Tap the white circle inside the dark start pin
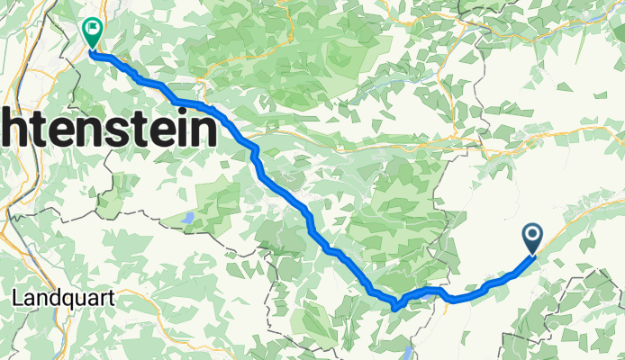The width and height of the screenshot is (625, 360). click(x=532, y=237)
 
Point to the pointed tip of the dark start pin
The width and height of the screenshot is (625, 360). click(x=532, y=254)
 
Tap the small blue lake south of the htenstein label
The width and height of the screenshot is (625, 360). click(x=186, y=218)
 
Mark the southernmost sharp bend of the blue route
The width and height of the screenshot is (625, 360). click(x=394, y=308)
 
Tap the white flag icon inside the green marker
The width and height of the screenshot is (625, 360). click(x=92, y=30)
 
